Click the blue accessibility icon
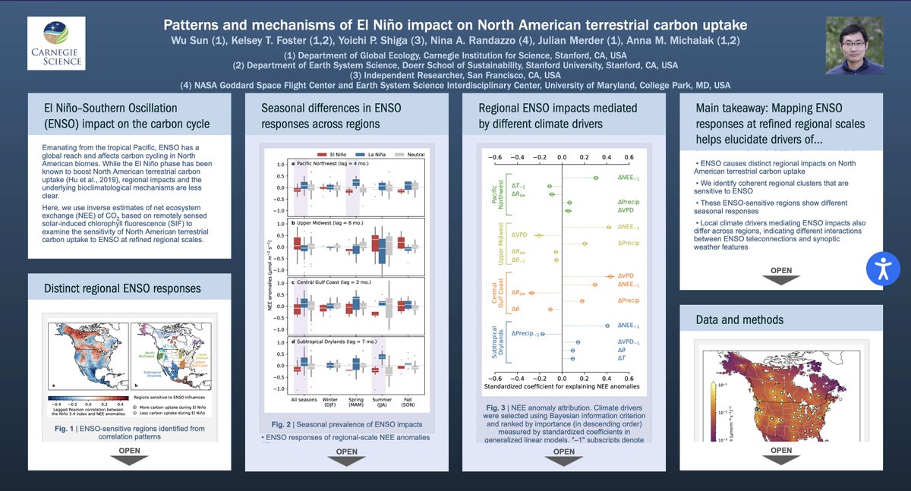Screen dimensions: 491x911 pyautogui.click(x=883, y=268)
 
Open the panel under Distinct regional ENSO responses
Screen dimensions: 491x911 pyautogui.click(x=129, y=455)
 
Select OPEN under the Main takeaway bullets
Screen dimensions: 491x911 pyautogui.click(x=781, y=275)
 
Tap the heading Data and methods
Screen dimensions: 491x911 pyautogui.click(x=739, y=319)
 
